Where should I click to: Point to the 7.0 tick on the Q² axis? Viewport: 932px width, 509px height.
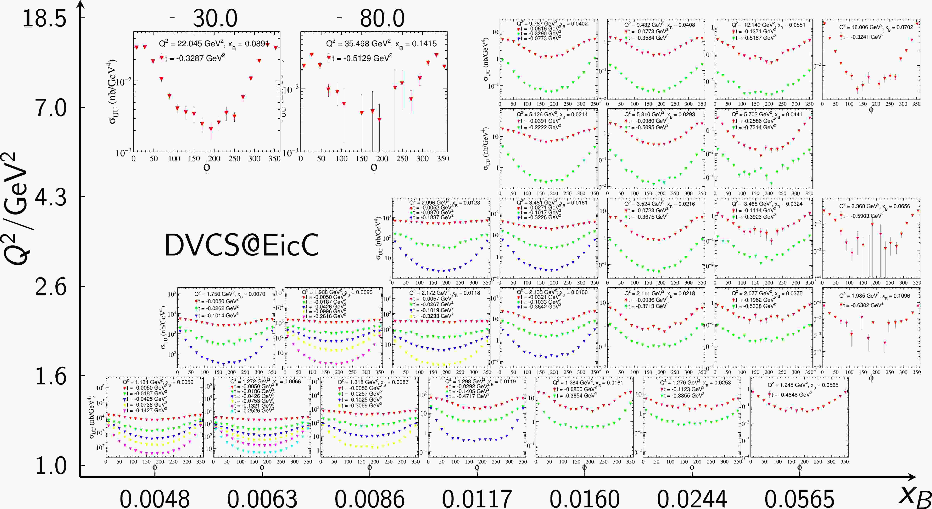pyautogui.click(x=51, y=108)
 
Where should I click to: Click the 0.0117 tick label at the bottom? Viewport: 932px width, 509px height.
pyautogui.click(x=477, y=499)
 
